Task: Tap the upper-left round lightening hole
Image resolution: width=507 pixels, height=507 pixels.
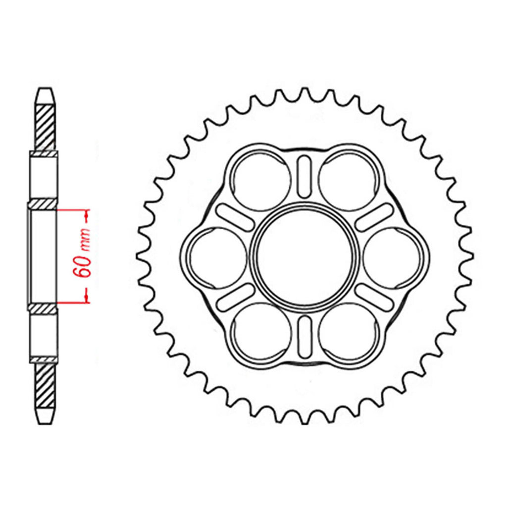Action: [x=261, y=181]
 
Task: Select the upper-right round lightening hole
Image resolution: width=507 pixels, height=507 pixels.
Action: [x=348, y=181]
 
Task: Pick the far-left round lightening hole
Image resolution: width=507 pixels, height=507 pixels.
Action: [x=218, y=257]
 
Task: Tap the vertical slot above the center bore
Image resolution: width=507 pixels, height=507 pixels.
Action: [x=304, y=177]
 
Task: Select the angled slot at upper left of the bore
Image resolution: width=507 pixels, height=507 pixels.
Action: [x=235, y=217]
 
